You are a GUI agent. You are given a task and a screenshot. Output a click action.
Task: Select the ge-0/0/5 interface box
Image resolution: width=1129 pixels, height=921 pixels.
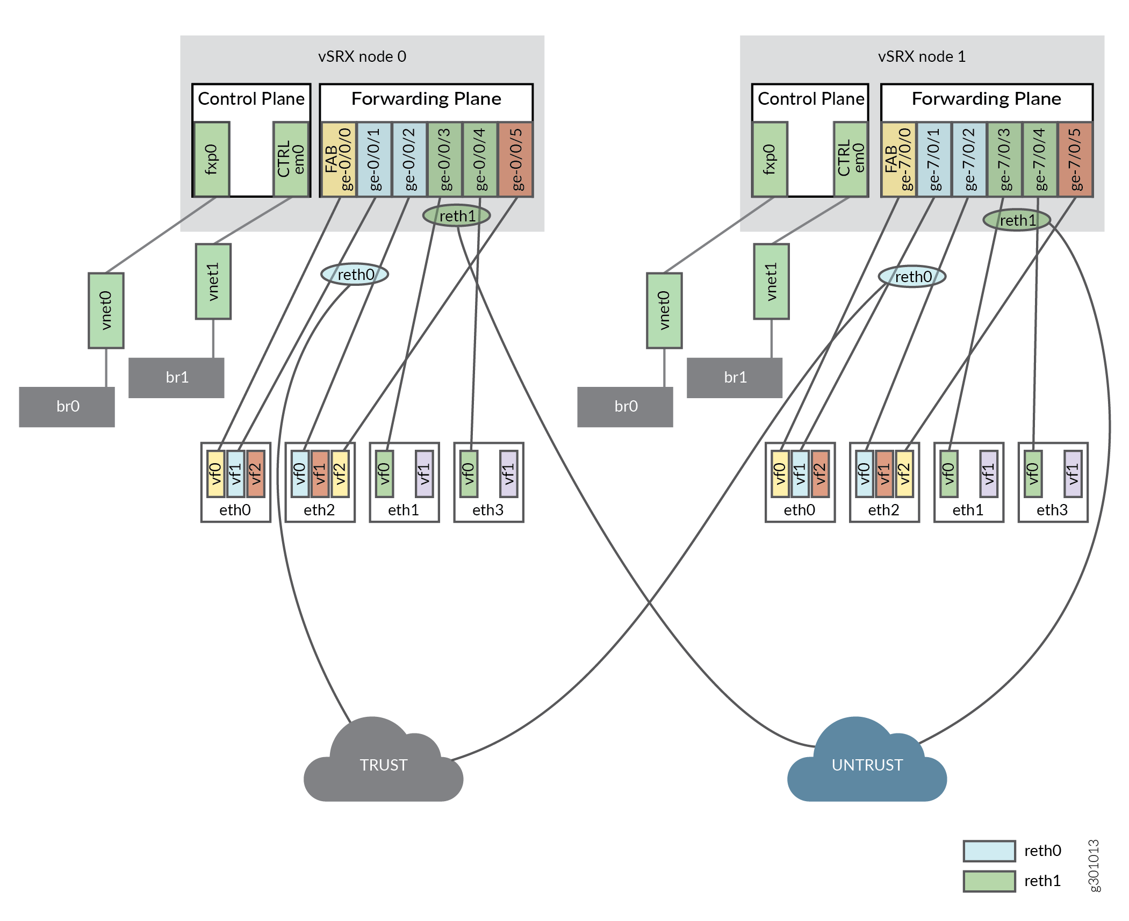click(x=516, y=159)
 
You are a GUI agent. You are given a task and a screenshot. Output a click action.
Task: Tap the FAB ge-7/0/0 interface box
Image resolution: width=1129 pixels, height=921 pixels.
click(x=898, y=159)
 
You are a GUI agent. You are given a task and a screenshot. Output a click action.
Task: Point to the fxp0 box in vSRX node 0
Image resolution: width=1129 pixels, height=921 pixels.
click(x=212, y=159)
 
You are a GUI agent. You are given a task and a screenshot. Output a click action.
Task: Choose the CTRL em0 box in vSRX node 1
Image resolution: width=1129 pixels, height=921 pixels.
click(x=851, y=159)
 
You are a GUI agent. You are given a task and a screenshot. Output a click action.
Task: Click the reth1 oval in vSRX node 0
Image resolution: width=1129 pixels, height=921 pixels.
click(x=457, y=216)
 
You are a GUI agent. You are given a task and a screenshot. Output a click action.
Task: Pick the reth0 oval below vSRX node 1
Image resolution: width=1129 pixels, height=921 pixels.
click(x=912, y=277)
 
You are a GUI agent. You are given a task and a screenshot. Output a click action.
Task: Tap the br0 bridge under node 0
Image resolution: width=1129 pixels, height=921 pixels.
click(x=67, y=407)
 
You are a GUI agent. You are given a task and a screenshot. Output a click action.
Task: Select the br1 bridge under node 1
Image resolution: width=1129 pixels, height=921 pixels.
click(x=735, y=378)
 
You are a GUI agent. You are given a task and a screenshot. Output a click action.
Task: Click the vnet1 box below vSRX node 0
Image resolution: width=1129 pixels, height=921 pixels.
click(x=213, y=282)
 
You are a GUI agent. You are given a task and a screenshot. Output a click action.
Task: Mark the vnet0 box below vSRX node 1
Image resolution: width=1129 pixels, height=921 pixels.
click(x=664, y=311)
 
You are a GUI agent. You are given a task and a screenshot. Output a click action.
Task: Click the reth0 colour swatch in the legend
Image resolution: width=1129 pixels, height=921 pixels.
click(x=989, y=851)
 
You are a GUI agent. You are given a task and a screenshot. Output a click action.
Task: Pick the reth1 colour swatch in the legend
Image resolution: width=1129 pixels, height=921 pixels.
click(x=989, y=881)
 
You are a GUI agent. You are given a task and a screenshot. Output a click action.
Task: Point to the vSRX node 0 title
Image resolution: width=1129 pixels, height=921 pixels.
click(x=362, y=56)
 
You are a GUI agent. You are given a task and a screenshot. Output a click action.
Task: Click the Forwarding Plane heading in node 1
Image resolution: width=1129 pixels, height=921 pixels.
click(x=987, y=99)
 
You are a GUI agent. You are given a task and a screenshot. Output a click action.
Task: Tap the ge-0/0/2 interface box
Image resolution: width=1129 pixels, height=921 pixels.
click(x=409, y=159)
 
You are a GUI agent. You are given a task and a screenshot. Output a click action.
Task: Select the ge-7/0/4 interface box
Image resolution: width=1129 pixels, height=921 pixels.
click(x=1040, y=159)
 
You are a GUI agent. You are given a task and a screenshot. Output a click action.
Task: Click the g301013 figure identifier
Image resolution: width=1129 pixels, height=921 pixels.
click(x=1094, y=865)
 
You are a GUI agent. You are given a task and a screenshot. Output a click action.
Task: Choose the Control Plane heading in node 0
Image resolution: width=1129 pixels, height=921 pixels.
click(x=251, y=99)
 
